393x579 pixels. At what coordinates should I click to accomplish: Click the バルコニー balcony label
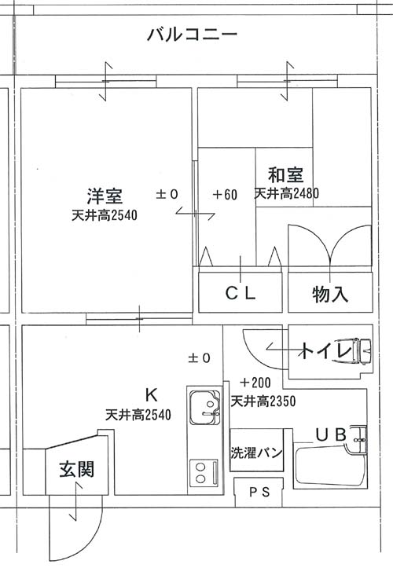tap(192, 35)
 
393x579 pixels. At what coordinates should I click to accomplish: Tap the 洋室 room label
tap(105, 196)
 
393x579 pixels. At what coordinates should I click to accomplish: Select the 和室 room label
tap(285, 175)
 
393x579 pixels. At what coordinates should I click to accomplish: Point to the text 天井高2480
tap(287, 193)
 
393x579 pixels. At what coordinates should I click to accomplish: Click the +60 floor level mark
tap(226, 195)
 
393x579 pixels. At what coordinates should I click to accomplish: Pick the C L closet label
tap(241, 294)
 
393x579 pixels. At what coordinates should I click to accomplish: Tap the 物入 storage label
tap(330, 295)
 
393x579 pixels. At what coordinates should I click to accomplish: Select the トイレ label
tap(326, 351)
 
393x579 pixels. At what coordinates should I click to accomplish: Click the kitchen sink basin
tap(204, 407)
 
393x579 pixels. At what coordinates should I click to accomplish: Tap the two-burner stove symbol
tap(204, 474)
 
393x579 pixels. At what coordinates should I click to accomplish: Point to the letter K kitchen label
tap(151, 395)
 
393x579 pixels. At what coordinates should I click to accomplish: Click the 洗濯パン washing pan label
tap(257, 453)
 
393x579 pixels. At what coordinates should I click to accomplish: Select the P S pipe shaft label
tap(259, 492)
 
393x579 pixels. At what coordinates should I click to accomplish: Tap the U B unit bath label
tap(331, 434)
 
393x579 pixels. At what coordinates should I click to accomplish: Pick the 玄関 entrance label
tap(77, 469)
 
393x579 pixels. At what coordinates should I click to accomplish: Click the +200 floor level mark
tap(255, 383)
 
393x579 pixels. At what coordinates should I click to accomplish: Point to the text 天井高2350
tap(263, 401)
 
